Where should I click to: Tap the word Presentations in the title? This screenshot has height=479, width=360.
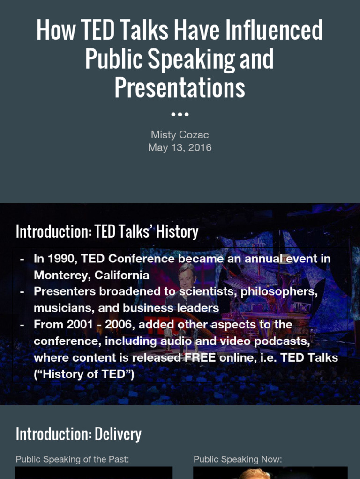tap(180, 87)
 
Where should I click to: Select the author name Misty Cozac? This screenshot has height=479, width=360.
tap(180, 135)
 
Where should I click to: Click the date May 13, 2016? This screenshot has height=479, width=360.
tap(180, 148)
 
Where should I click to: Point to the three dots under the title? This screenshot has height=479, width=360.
tap(180, 114)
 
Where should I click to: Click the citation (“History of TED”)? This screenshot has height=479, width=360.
tap(84, 374)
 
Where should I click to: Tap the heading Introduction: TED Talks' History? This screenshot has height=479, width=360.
tap(107, 232)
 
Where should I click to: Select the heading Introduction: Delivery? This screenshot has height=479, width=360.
tap(78, 434)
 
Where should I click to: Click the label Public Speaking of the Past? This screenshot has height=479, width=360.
tap(72, 459)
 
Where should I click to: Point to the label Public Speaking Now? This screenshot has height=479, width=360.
tap(238, 459)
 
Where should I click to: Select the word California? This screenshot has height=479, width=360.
tap(122, 275)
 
